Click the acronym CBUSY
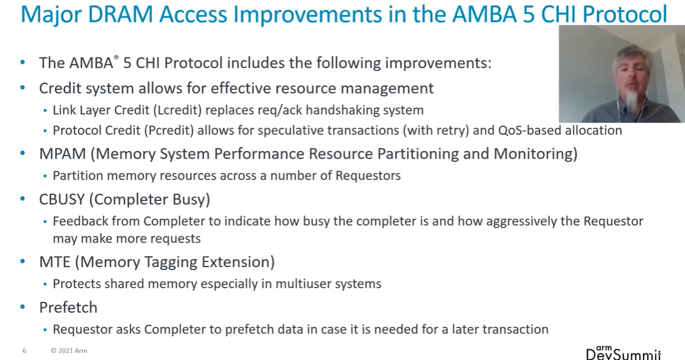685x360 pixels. (62, 199)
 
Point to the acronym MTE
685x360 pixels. (54, 262)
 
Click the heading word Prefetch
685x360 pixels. (68, 307)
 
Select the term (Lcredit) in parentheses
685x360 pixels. (178, 110)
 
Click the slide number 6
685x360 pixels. (24, 351)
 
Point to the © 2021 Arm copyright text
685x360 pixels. (69, 351)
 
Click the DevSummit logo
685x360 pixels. (623, 352)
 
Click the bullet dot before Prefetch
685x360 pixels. (22, 307)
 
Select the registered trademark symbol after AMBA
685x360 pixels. (116, 57)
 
